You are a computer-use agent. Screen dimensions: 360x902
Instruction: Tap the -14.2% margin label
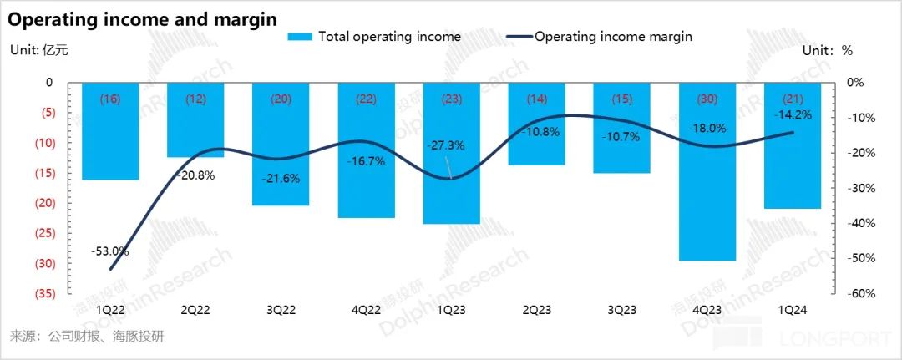coord(793,115)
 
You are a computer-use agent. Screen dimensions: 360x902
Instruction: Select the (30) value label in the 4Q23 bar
coord(708,99)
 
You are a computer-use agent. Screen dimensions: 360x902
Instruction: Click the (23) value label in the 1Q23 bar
coord(451,99)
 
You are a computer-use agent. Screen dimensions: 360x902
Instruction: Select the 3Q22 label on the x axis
coord(281,309)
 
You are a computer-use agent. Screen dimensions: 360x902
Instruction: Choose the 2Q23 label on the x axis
coord(537,309)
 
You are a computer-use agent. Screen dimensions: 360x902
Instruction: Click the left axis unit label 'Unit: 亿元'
coord(38,50)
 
